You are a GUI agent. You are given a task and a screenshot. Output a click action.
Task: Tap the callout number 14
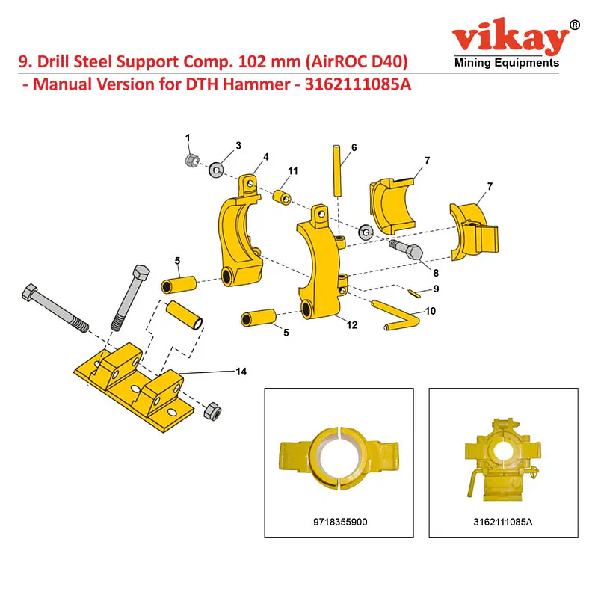pos(241,372)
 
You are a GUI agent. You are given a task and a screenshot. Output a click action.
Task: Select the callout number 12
pos(352,325)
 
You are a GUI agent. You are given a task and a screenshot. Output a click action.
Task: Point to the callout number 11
pos(292,171)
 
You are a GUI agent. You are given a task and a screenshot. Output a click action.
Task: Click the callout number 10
pos(431,311)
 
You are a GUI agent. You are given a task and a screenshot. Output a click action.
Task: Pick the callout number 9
pos(437,289)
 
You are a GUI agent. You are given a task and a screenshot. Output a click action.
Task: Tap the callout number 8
pos(436,273)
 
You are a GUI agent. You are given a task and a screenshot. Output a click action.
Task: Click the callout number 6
pos(354,147)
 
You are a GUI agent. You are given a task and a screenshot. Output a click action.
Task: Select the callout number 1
pos(188,138)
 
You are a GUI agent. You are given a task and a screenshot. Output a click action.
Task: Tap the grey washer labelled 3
pos(216,169)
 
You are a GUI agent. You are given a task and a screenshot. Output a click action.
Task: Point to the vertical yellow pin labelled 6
pos(337,170)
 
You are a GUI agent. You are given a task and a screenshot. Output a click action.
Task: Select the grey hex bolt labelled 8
pos(406,250)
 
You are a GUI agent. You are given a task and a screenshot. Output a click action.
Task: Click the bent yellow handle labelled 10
pos(397,315)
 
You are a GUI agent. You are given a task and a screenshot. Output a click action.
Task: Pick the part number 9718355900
pos(340,522)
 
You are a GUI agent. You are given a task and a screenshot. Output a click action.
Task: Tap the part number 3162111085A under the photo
pos(502,522)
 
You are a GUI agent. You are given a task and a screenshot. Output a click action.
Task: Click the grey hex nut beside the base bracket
pos(212,411)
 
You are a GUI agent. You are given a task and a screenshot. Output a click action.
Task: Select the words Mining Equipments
pos(507,63)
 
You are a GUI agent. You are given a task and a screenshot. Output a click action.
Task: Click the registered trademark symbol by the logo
pos(574,25)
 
